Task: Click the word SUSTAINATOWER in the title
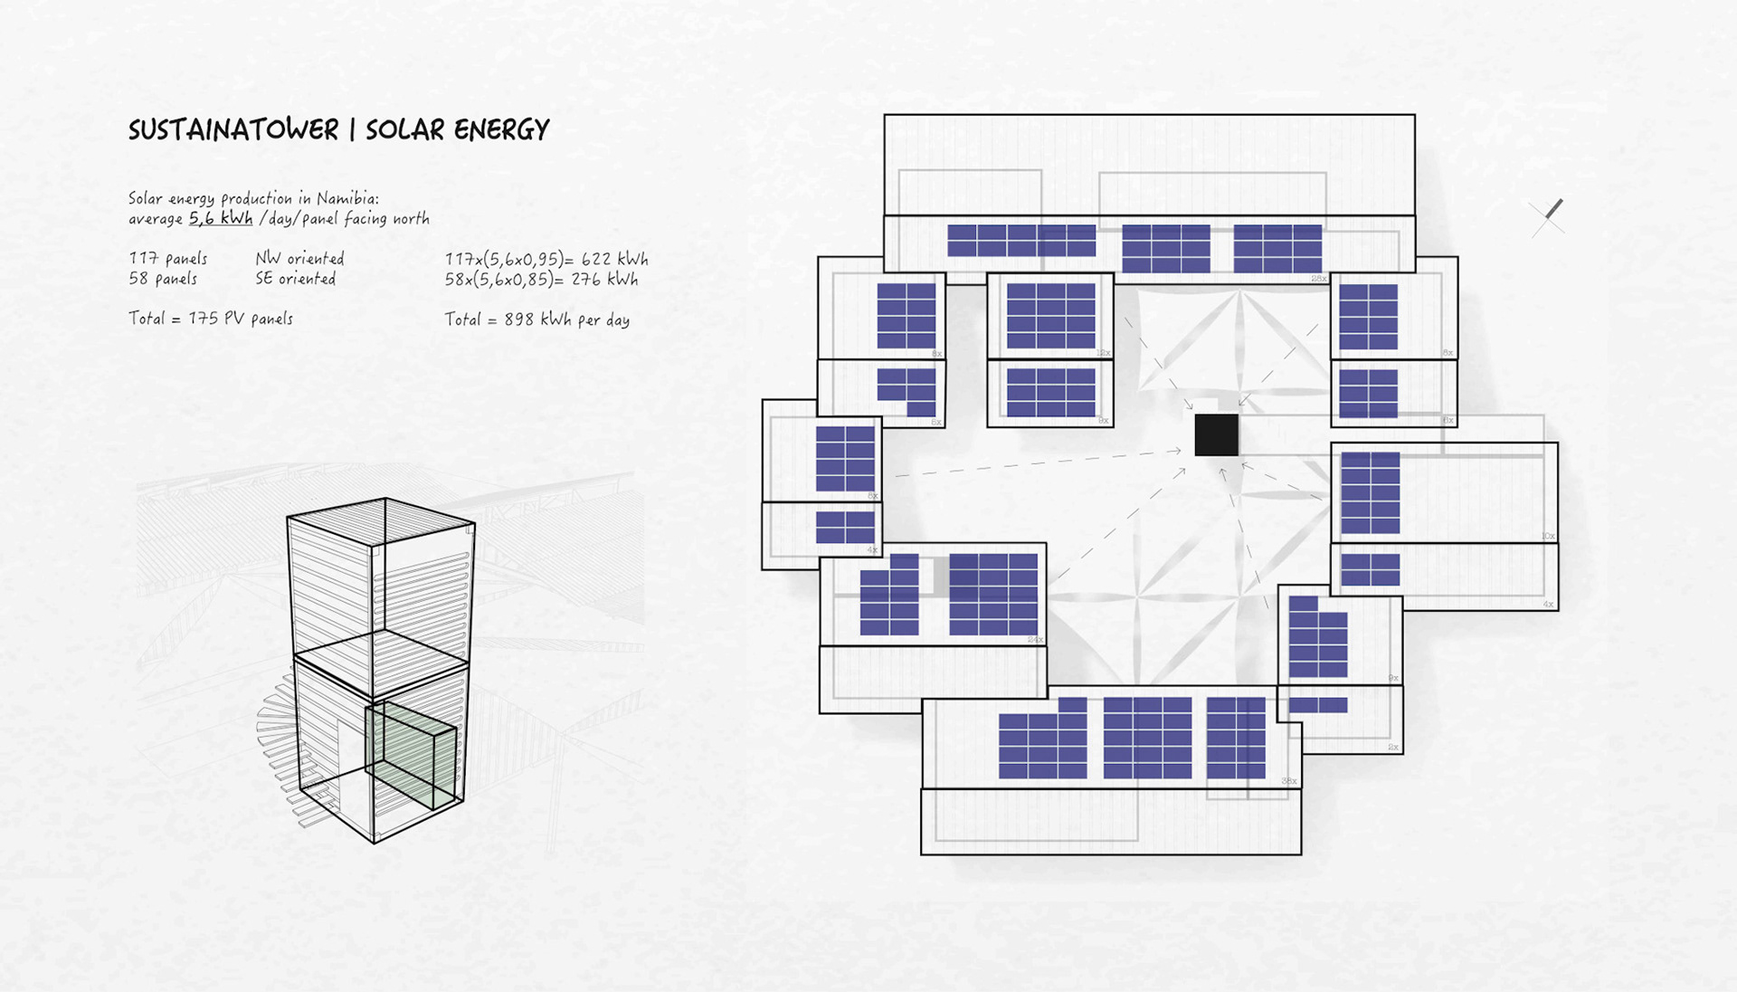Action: coord(233,130)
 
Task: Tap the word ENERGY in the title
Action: coord(502,130)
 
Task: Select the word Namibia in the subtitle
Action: coord(347,198)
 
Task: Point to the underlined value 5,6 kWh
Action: coord(221,218)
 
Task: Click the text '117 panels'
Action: coord(168,259)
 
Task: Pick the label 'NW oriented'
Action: coord(299,259)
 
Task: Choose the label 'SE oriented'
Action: coord(295,279)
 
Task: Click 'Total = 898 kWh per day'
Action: coord(536,320)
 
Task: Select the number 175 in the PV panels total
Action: coord(203,319)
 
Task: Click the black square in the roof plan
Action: coord(1216,434)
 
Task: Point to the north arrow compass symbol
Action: coord(1548,217)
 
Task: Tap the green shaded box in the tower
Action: coord(412,756)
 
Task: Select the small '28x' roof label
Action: coord(1318,279)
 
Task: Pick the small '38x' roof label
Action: coord(1288,781)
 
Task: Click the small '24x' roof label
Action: coord(1035,640)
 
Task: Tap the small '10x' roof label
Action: coord(1548,537)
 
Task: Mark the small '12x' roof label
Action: coord(1103,353)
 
